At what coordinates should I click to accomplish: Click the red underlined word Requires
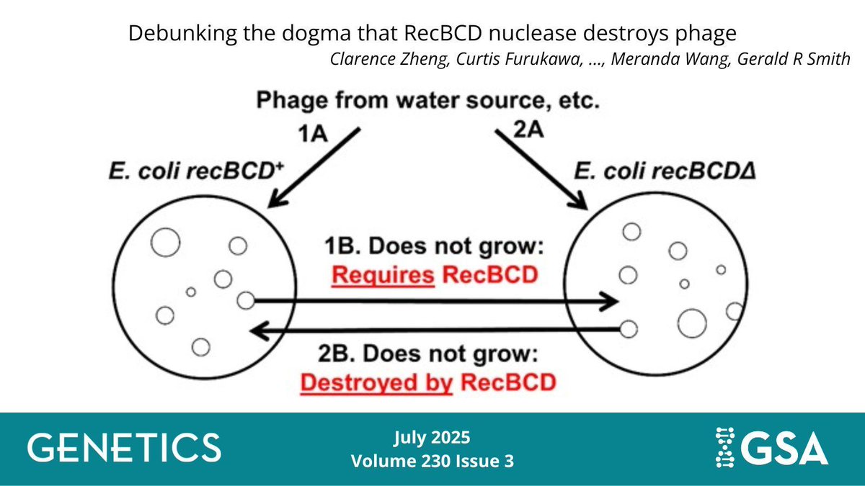click(x=383, y=275)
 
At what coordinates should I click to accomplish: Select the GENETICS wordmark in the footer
click(x=124, y=447)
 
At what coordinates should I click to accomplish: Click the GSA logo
click(x=768, y=446)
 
